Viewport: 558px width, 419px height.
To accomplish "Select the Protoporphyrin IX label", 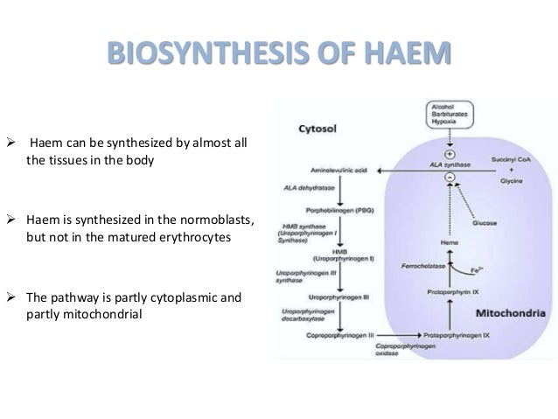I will [x=451, y=291].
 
